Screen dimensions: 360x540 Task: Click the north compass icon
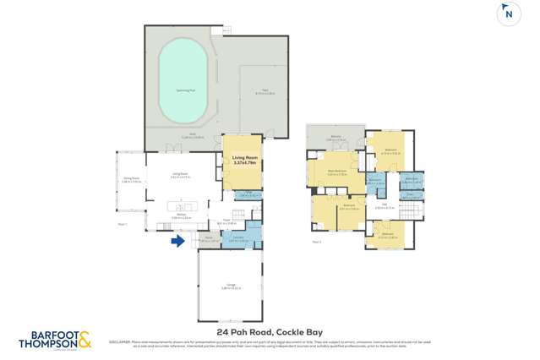point(508,14)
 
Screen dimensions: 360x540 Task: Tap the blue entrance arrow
point(177,242)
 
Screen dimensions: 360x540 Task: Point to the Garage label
point(231,286)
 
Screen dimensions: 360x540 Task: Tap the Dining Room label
point(131,179)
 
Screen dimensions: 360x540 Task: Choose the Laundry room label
point(238,237)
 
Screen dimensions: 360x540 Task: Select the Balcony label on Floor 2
point(335,138)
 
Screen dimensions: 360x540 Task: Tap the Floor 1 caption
point(123,225)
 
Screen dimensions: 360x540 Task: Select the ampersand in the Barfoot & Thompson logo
point(85,340)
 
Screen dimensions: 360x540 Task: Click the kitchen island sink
point(188,205)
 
